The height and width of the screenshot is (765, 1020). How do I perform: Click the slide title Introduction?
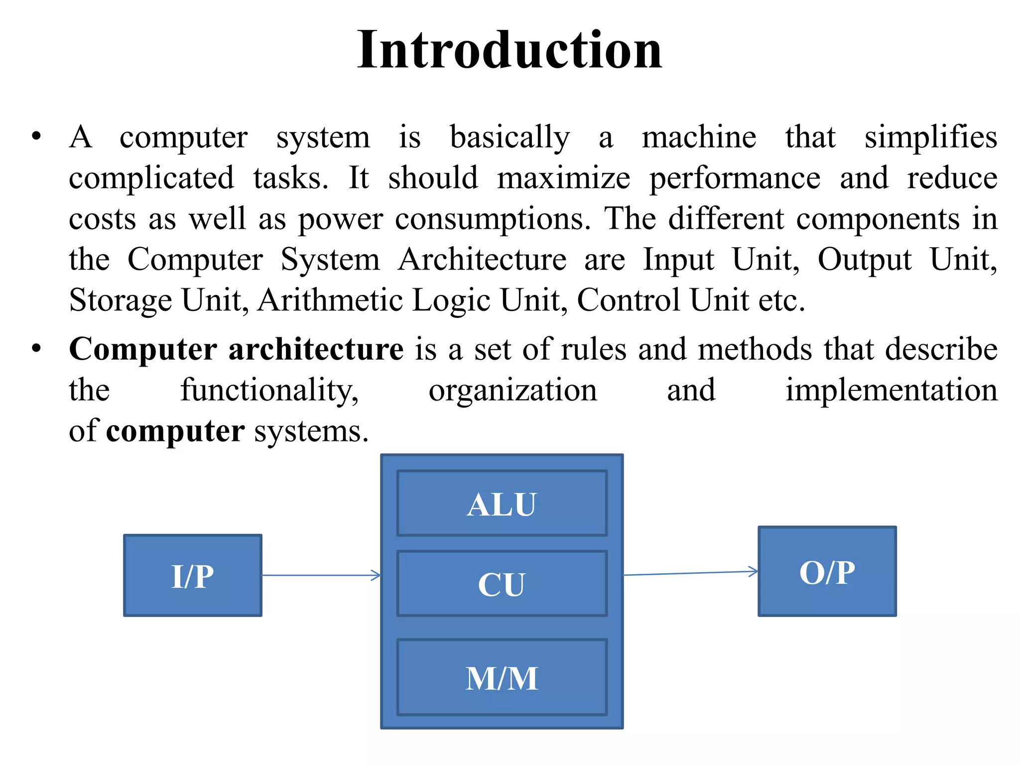(x=510, y=50)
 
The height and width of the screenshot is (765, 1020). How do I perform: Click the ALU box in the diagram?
(x=502, y=504)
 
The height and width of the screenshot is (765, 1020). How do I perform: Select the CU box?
(x=502, y=584)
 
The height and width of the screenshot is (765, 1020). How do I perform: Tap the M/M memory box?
(x=502, y=678)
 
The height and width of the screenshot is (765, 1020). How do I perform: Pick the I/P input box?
(x=193, y=576)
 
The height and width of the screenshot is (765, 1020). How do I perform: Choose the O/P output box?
(x=827, y=572)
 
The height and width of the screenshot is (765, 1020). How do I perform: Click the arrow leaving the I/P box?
(x=321, y=576)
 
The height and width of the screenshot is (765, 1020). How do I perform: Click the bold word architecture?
(x=316, y=349)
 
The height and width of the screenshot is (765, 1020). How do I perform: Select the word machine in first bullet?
(x=699, y=137)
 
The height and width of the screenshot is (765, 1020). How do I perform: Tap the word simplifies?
(x=930, y=137)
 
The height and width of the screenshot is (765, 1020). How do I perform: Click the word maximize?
(x=563, y=178)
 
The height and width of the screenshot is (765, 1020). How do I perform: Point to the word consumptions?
(x=492, y=219)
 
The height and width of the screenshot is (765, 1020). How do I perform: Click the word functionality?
(x=269, y=390)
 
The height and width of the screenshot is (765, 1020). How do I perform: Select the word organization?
(x=512, y=391)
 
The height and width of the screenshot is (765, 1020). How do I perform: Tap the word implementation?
(x=892, y=390)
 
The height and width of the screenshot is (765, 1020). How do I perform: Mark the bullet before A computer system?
(x=36, y=136)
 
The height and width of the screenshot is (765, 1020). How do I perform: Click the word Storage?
(x=121, y=300)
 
